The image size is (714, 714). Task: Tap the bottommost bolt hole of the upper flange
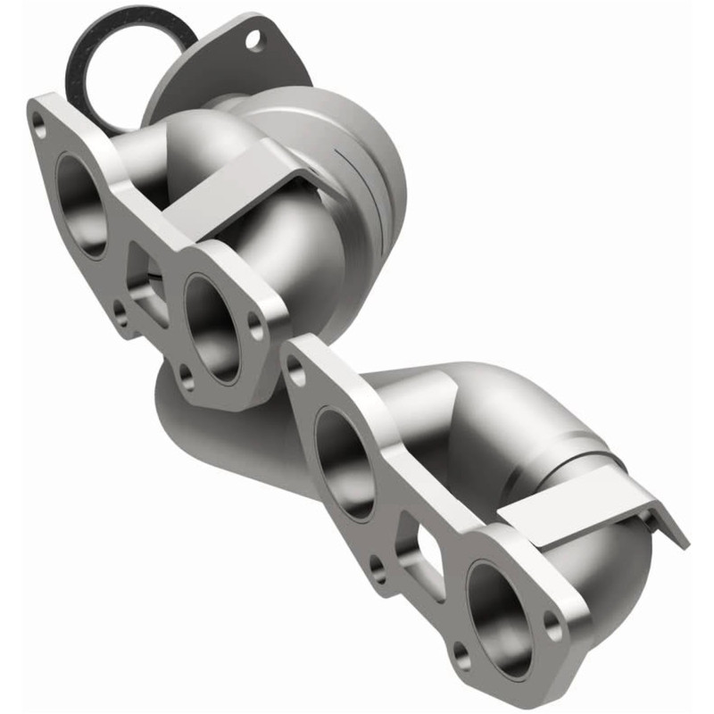(x=187, y=382)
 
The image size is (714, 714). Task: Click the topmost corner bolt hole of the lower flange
(x=297, y=374)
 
